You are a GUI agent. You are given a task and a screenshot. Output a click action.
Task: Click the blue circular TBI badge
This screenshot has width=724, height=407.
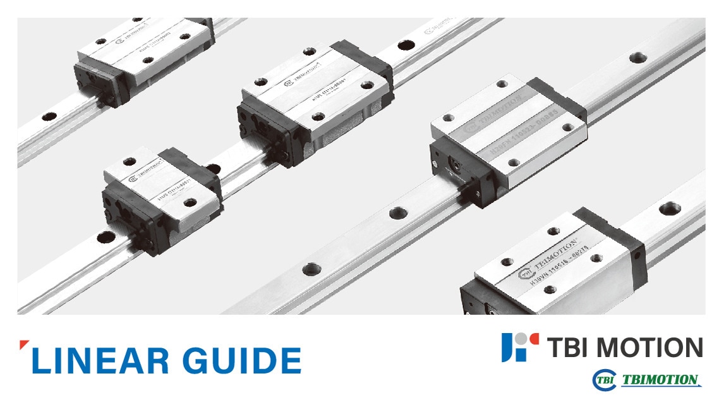(x=603, y=380)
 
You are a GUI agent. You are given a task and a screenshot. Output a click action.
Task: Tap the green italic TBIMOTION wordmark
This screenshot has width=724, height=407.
(x=660, y=380)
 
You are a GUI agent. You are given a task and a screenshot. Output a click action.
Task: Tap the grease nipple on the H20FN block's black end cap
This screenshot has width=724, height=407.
(x=453, y=162)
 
